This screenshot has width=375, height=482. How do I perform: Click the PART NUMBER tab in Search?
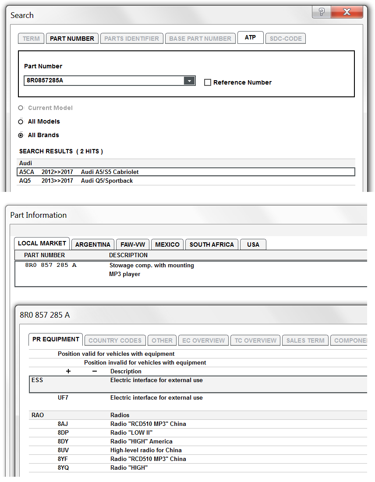point(72,39)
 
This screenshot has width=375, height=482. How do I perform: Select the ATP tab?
point(250,38)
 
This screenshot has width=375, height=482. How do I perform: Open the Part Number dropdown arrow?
point(189,81)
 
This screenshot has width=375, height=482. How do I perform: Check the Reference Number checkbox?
point(208,82)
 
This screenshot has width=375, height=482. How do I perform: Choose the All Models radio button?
point(21,122)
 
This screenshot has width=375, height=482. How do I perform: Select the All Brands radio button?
point(21,135)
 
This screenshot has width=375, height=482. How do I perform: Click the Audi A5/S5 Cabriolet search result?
point(110,172)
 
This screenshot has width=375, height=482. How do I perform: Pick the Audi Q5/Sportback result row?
point(106,181)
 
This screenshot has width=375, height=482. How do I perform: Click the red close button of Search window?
point(347,12)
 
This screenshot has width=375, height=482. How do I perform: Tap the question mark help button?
point(322,12)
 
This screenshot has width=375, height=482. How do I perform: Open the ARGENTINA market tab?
point(93,245)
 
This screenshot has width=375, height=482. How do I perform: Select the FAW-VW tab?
point(133,245)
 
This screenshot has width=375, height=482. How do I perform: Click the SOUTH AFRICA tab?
point(212,245)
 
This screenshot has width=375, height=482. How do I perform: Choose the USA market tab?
point(253,245)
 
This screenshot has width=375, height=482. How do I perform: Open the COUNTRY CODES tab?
point(115,340)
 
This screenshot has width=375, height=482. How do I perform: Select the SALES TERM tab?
point(305,340)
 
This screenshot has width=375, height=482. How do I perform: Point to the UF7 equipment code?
point(64,398)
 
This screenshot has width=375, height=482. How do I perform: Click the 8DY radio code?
point(64,442)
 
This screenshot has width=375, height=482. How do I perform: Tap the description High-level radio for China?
point(146,450)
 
